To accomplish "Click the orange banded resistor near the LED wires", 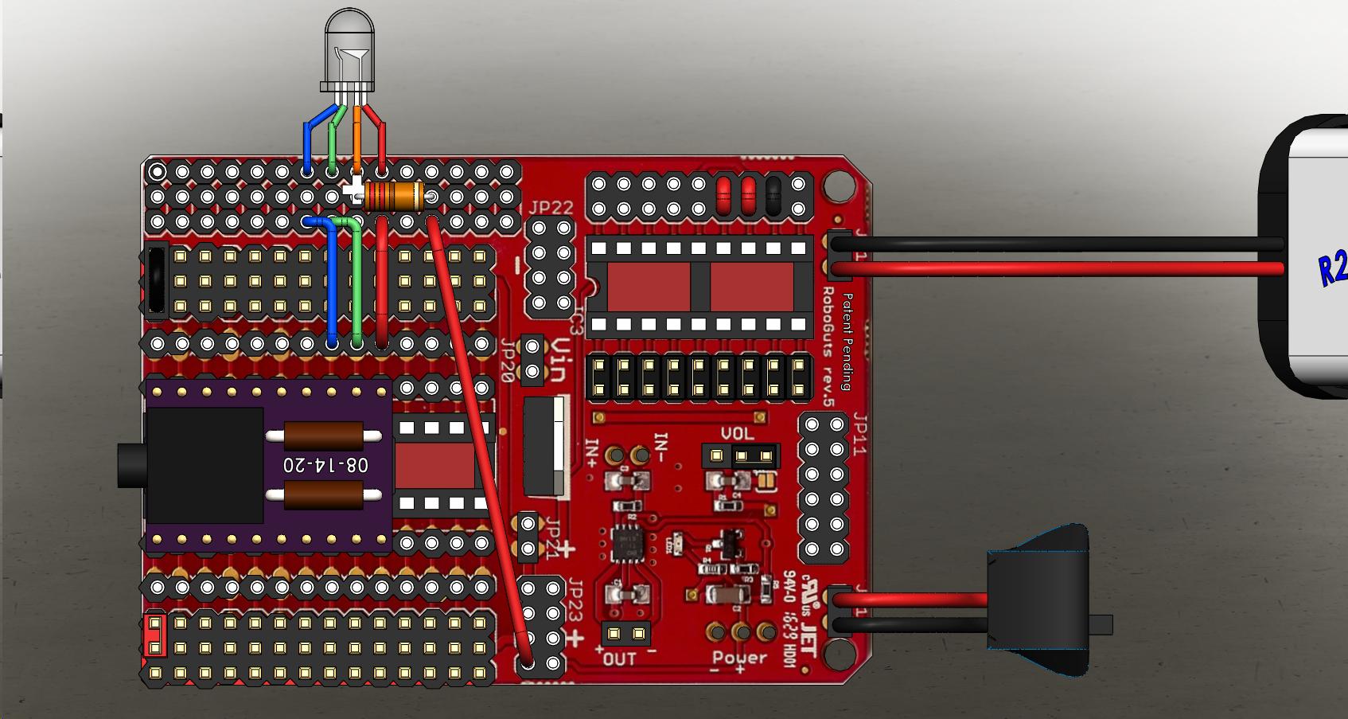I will click(395, 196).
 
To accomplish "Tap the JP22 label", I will click(551, 209).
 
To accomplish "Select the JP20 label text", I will click(507, 361).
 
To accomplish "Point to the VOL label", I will click(737, 434).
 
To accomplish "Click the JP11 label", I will click(860, 434).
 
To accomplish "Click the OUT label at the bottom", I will click(619, 659).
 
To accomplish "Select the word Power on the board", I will click(739, 658).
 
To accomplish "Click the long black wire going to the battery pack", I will click(1050, 244).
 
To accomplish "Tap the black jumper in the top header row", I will click(773, 196).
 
